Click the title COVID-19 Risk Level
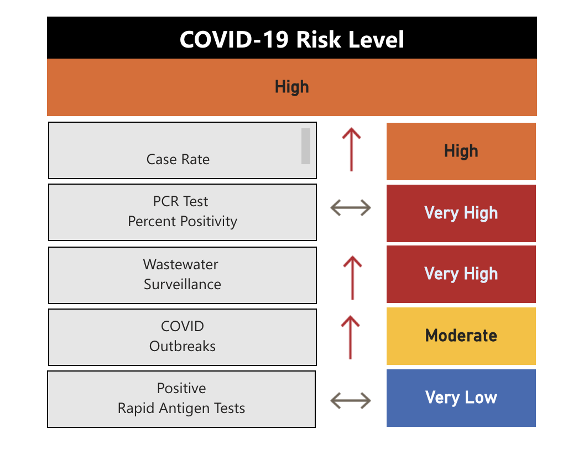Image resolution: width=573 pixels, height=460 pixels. click(291, 39)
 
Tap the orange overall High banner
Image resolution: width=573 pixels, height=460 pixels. click(291, 87)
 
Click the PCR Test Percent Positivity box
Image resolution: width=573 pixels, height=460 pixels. click(182, 212)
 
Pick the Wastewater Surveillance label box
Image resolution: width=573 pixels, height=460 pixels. click(182, 275)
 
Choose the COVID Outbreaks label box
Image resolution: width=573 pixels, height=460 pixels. click(182, 337)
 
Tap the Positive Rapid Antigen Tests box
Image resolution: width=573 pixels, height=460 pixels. click(181, 399)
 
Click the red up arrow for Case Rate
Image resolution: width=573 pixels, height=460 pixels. click(351, 149)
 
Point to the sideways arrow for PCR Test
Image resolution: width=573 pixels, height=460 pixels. click(351, 208)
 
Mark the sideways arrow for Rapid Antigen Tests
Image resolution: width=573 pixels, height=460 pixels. click(351, 400)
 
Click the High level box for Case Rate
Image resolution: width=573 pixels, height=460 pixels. click(461, 151)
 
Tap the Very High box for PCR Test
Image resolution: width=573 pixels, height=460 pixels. click(461, 213)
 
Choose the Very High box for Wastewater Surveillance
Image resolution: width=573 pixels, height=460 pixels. click(461, 274)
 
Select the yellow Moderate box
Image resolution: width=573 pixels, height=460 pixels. click(461, 336)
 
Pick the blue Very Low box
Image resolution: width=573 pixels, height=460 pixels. click(461, 398)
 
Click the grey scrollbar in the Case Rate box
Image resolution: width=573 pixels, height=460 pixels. click(305, 146)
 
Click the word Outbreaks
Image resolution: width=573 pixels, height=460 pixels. click(182, 347)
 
